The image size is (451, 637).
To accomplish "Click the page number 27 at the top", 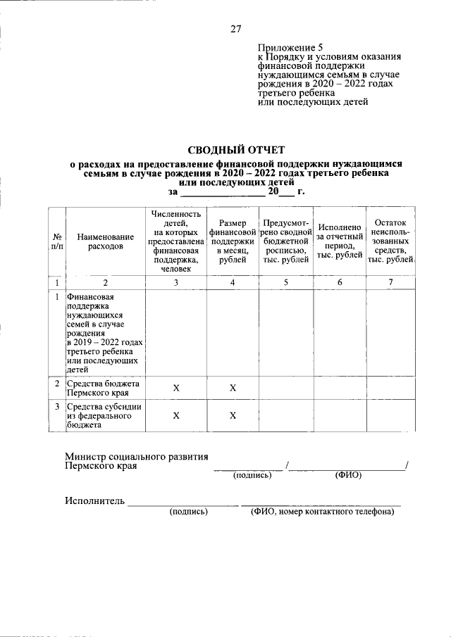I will (x=236, y=29).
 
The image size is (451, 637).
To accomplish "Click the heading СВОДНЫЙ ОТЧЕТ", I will (x=236, y=149).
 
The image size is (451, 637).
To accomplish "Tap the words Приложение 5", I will (x=287, y=47).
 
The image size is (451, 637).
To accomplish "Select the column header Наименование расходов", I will (x=105, y=241).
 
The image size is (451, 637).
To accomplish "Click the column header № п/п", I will (x=56, y=241).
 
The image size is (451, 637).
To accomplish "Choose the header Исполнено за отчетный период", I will (x=339, y=241).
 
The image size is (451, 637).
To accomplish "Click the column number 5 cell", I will (x=285, y=282).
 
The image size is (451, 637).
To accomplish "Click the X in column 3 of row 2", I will (x=175, y=388).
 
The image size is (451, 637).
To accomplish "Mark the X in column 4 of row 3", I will (x=232, y=415).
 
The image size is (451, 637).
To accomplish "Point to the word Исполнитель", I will (x=95, y=501).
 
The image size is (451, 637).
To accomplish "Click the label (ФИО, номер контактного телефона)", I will (x=322, y=512).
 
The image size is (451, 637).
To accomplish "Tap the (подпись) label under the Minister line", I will (x=252, y=476).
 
